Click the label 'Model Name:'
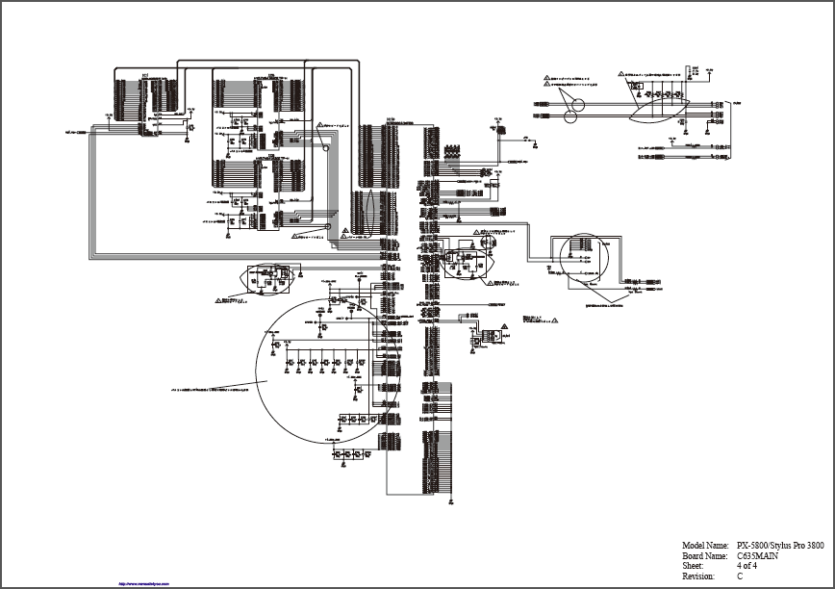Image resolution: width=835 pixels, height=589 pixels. coord(705,546)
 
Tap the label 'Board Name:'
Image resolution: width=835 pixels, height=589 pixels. coord(704,555)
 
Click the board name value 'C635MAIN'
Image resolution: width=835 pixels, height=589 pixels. coord(757,555)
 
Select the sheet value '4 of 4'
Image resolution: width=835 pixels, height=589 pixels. coord(746,566)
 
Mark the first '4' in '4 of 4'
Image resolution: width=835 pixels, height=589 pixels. coord(739,566)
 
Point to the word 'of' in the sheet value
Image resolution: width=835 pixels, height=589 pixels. coord(746,566)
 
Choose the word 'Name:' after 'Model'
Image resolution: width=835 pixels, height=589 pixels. coord(718,546)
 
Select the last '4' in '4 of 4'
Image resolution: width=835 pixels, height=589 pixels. coord(755,566)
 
